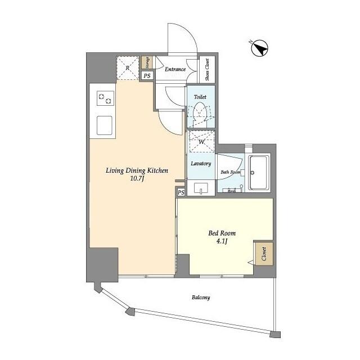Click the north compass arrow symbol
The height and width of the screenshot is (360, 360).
pyautogui.click(x=259, y=49)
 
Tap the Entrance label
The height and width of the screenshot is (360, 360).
pyautogui.click(x=175, y=70)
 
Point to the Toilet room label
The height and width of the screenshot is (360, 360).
pyautogui.click(x=200, y=97)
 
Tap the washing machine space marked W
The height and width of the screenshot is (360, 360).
pyautogui.click(x=200, y=142)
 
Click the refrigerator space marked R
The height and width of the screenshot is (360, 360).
pyautogui.click(x=128, y=69)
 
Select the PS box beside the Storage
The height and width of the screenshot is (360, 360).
pyautogui.click(x=147, y=76)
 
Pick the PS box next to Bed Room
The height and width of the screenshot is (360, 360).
pyautogui.click(x=181, y=192)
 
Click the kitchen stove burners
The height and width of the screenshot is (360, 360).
pyautogui.click(x=105, y=98)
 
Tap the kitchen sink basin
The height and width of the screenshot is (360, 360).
pyautogui.click(x=105, y=124)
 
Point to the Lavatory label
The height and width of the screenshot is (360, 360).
pyautogui.click(x=200, y=164)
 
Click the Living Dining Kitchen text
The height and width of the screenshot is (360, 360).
pyautogui.click(x=137, y=170)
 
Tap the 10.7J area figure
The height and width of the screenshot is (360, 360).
pyautogui.click(x=137, y=180)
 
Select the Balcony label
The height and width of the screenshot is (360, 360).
pyautogui.click(x=200, y=297)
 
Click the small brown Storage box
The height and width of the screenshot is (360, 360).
pyautogui.click(x=146, y=62)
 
